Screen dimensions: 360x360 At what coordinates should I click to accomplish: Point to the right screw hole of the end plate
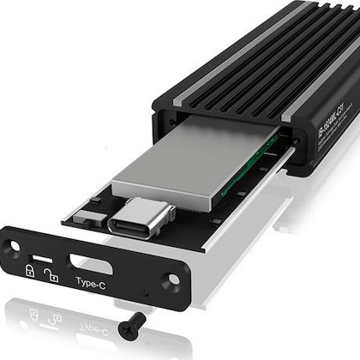[176, 279]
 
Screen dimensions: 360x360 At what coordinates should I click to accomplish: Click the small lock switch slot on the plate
[41, 258]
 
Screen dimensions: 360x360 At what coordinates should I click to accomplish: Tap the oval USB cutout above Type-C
[88, 263]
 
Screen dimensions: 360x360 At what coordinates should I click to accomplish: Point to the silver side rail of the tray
[210, 249]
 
